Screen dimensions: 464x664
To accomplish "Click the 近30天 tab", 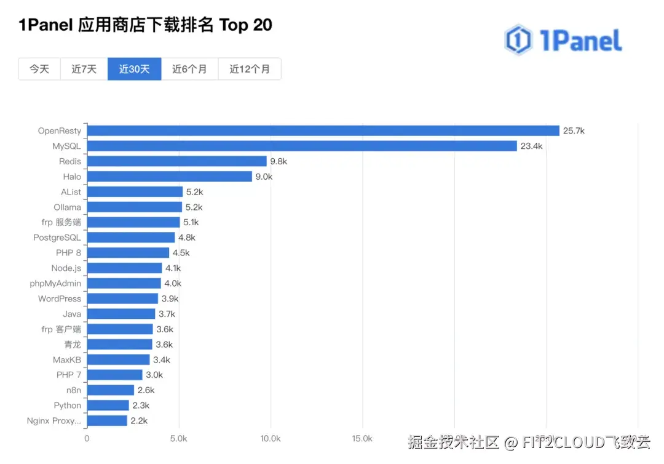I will (x=135, y=69).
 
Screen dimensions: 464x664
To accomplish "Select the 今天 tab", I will (x=39, y=69).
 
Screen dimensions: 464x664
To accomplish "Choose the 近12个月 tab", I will (x=250, y=69).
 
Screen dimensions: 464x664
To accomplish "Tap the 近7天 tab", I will (x=84, y=69).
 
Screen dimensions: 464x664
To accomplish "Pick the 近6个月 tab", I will (x=189, y=69).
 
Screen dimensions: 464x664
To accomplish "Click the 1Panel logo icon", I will (x=518, y=40).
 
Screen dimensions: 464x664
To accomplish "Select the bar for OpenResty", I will (x=323, y=130).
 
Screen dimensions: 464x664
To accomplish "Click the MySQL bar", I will (x=301, y=146).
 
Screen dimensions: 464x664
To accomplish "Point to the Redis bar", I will (x=176, y=161).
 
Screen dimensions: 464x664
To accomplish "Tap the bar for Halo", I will (x=169, y=177).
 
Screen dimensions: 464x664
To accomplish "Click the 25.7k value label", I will (x=574, y=130).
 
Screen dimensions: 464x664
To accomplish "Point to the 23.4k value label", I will (x=531, y=146).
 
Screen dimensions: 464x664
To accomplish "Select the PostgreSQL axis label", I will (x=57, y=238).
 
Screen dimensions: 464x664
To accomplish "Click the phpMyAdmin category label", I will (x=55, y=283).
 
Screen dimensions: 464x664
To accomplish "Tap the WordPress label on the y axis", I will (x=60, y=298).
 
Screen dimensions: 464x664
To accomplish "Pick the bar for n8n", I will (x=110, y=390).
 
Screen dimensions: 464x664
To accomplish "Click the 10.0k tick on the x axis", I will (x=271, y=439).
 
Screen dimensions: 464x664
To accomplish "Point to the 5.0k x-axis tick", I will (x=179, y=439).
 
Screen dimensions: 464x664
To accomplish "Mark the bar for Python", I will (x=108, y=406).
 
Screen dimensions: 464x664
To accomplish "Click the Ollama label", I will (x=68, y=207).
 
